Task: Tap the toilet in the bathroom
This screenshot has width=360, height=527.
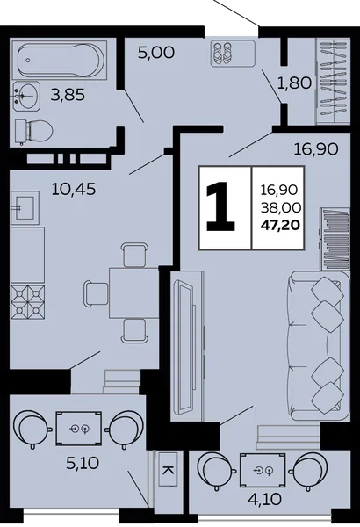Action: pyautogui.click(x=34, y=132)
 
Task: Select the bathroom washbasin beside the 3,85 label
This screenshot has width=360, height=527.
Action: pyautogui.click(x=26, y=96)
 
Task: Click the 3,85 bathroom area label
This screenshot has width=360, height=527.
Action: pyautogui.click(x=68, y=96)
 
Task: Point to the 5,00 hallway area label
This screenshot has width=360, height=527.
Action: pyautogui.click(x=156, y=53)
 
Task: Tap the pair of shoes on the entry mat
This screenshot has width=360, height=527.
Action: pyautogui.click(x=222, y=54)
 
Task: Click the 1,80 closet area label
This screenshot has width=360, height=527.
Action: pyautogui.click(x=294, y=83)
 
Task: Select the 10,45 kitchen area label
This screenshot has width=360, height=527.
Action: pyautogui.click(x=74, y=189)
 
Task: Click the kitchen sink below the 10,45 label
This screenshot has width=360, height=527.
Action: pyautogui.click(x=25, y=207)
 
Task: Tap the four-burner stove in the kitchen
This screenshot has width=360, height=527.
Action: pyautogui.click(x=27, y=302)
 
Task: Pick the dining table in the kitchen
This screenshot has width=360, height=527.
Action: pyautogui.click(x=133, y=292)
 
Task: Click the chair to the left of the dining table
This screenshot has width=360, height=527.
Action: pyautogui.click(x=96, y=293)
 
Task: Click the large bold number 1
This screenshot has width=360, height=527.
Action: pyautogui.click(x=220, y=206)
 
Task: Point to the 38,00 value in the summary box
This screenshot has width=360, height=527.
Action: pyautogui.click(x=281, y=208)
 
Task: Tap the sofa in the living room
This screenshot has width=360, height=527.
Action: pyautogui.click(x=319, y=346)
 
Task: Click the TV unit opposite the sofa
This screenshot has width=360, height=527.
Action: pyautogui.click(x=187, y=346)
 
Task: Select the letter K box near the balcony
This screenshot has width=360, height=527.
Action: pyautogui.click(x=168, y=470)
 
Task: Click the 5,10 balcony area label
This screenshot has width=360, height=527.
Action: pyautogui.click(x=83, y=464)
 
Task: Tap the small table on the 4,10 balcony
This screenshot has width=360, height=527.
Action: pyautogui.click(x=263, y=470)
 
